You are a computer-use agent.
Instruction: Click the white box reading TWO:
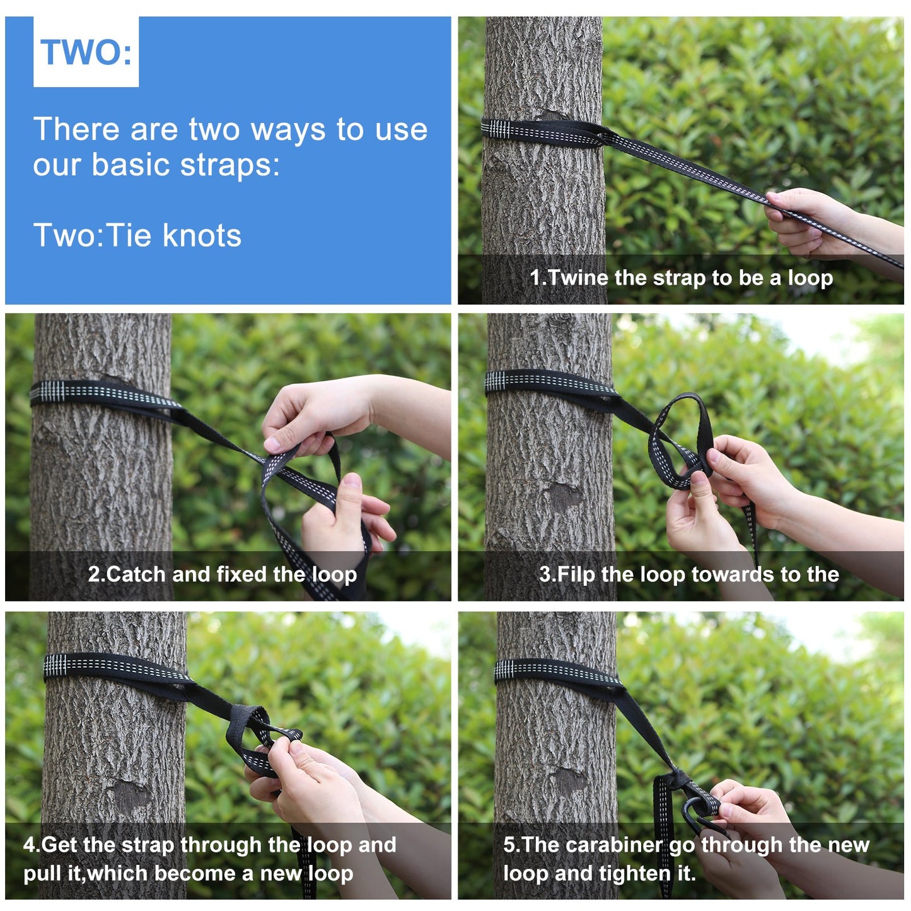pos(86,52)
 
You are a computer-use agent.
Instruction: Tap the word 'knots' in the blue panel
pos(202,235)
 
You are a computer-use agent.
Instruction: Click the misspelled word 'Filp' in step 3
pos(576,575)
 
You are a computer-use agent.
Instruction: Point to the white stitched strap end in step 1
pos(496,129)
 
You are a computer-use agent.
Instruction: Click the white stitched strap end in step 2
pos(47,391)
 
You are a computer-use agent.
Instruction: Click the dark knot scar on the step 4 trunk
pos(127,798)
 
